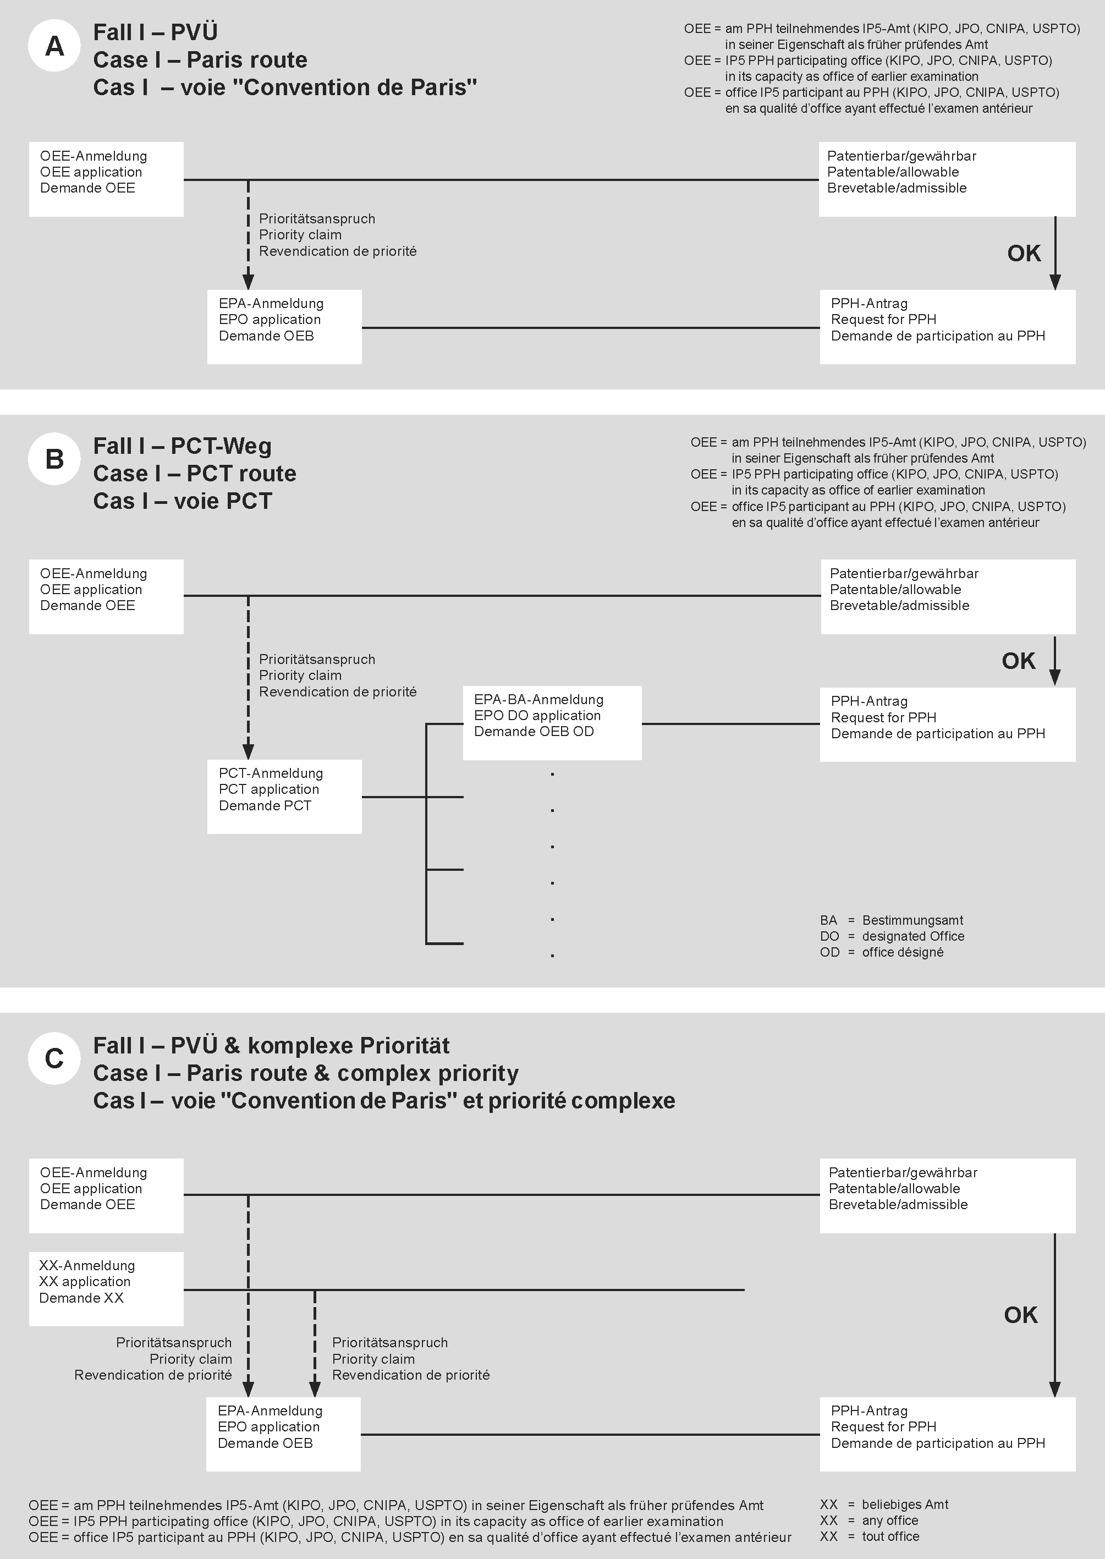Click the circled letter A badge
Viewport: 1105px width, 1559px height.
point(54,46)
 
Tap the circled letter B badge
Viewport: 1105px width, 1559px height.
point(54,459)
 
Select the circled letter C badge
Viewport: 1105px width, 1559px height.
point(54,1058)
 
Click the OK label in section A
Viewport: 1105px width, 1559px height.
point(1024,253)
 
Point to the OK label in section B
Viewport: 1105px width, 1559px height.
point(1018,661)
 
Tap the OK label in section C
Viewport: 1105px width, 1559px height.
point(1021,1315)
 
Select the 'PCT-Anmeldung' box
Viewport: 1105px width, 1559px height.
point(284,796)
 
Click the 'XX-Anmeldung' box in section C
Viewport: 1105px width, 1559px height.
point(106,1288)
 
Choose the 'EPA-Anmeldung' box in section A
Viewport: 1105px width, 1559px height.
point(284,327)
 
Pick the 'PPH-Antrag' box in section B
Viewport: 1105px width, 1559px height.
point(947,724)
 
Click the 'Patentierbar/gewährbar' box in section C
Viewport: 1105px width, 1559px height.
point(947,1195)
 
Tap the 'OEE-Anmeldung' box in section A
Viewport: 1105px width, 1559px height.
point(106,179)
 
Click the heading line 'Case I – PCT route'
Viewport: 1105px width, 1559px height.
point(195,474)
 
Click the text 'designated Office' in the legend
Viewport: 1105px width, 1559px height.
point(912,936)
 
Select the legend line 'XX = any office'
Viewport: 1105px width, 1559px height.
point(869,1520)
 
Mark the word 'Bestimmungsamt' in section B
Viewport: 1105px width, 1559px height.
point(912,920)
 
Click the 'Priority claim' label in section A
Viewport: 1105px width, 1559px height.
point(300,235)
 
